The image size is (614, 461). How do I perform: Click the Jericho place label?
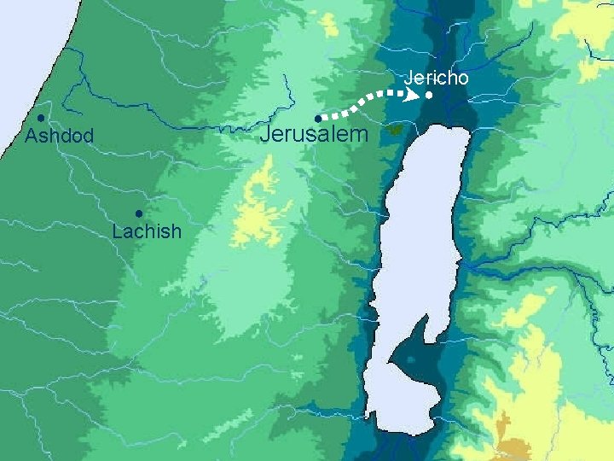point(436,78)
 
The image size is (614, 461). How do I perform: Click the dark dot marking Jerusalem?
point(316,118)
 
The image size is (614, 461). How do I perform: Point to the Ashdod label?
point(59,137)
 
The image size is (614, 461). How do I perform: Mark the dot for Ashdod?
point(40,117)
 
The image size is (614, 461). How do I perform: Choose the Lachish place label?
point(147,231)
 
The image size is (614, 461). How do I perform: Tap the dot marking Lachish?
point(137,213)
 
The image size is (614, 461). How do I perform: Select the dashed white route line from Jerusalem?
point(358,104)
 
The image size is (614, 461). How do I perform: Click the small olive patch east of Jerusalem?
point(395,130)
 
